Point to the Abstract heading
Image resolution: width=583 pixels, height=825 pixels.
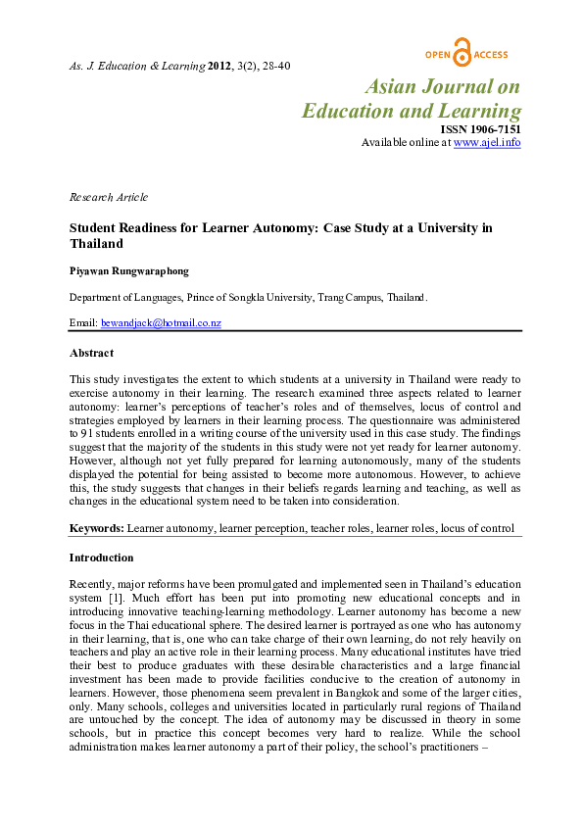91,353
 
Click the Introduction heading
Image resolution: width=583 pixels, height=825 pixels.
100,558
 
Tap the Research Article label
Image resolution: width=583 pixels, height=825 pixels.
108,197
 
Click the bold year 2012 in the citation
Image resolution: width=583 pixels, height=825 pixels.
220,66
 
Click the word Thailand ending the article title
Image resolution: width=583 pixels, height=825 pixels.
95,244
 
